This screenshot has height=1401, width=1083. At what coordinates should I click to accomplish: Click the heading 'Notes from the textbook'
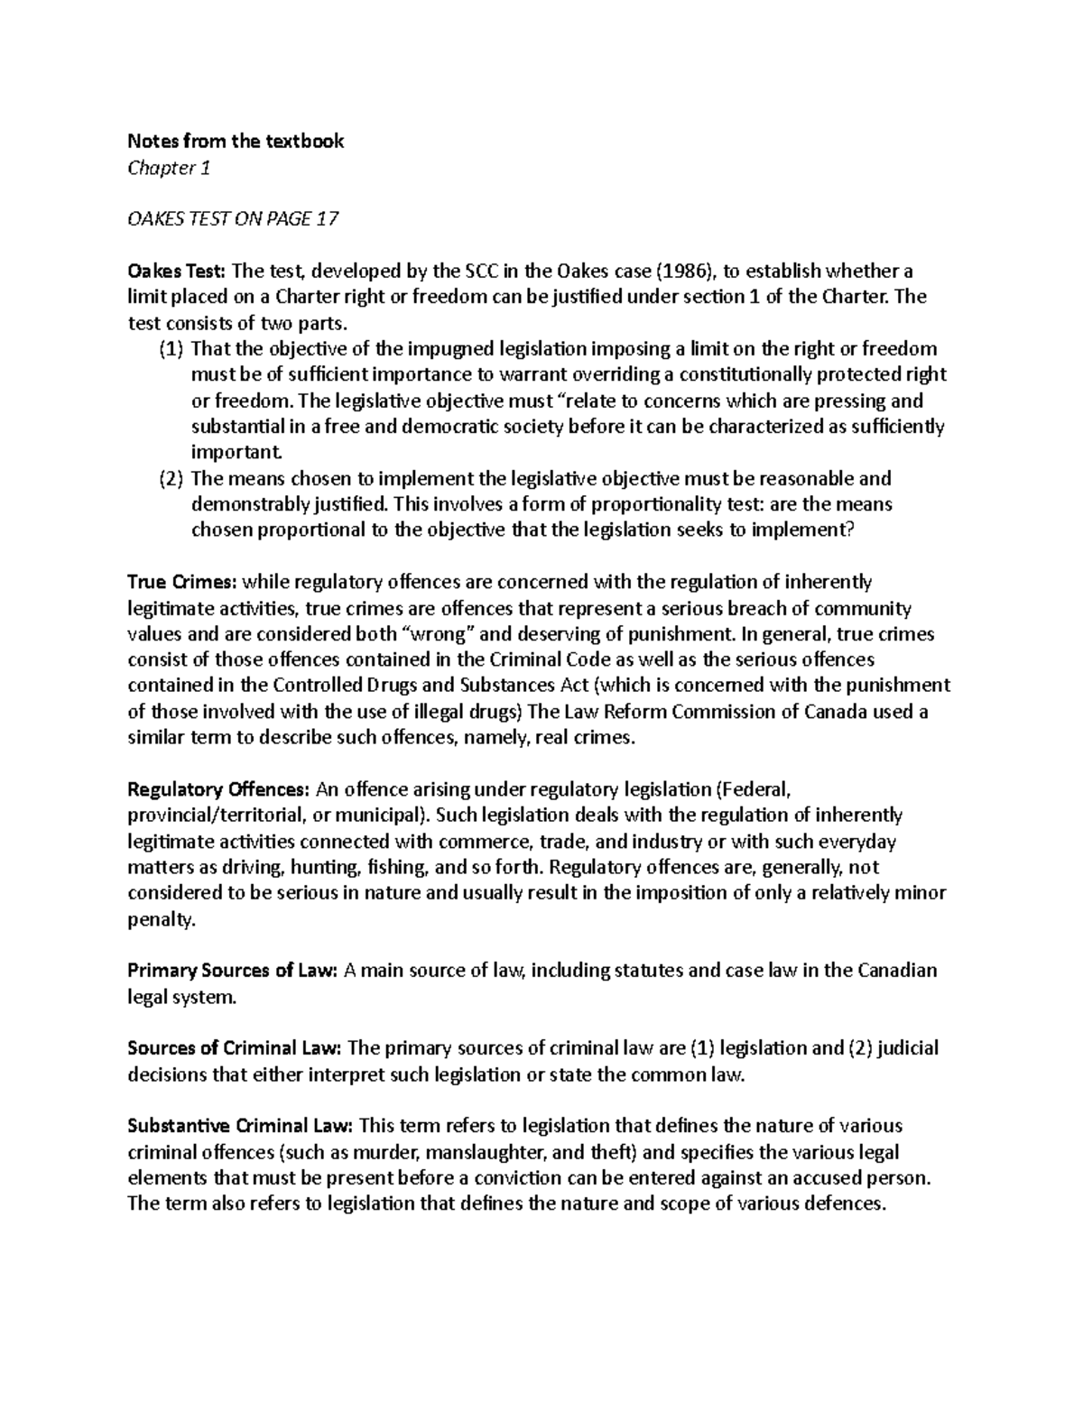236,142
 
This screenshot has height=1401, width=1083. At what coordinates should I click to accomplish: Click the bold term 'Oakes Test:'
177,272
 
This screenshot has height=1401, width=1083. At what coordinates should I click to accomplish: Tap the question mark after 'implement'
847,530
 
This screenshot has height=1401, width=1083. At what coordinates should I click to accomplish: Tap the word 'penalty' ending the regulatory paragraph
159,920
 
